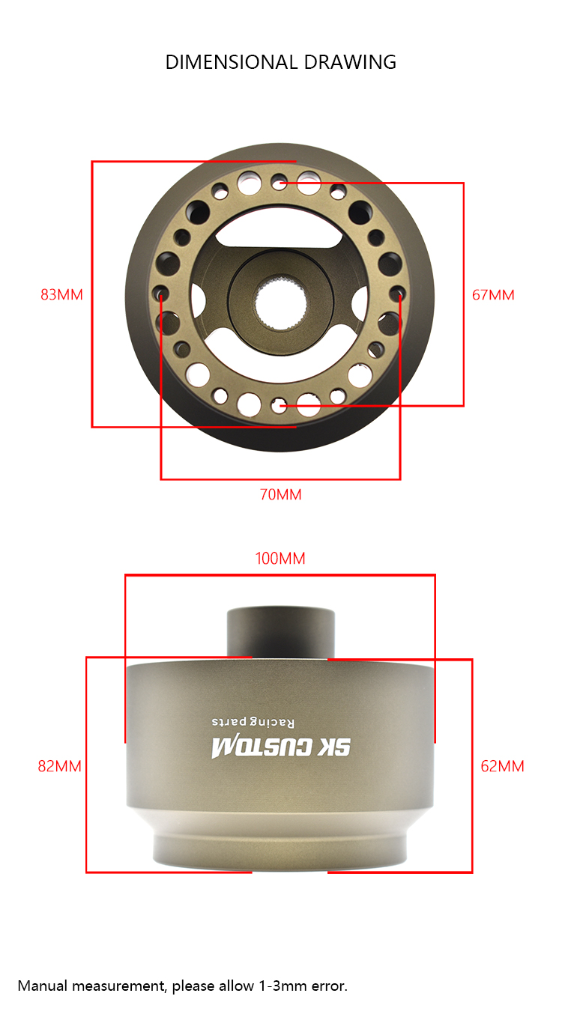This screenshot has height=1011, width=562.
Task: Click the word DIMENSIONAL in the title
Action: coord(232,62)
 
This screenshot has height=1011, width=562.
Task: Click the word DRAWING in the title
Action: coord(350,62)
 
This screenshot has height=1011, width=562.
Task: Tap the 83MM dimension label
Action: coord(62,295)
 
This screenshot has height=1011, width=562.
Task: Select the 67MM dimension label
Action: coord(493,295)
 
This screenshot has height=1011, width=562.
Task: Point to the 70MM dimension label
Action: coord(280,495)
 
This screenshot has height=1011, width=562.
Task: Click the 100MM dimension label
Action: coord(280,559)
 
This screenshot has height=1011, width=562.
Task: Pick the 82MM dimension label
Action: coord(60,766)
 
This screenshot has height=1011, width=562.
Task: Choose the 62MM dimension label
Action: coord(502,766)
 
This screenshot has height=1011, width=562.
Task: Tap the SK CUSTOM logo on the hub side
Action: coord(281,748)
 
